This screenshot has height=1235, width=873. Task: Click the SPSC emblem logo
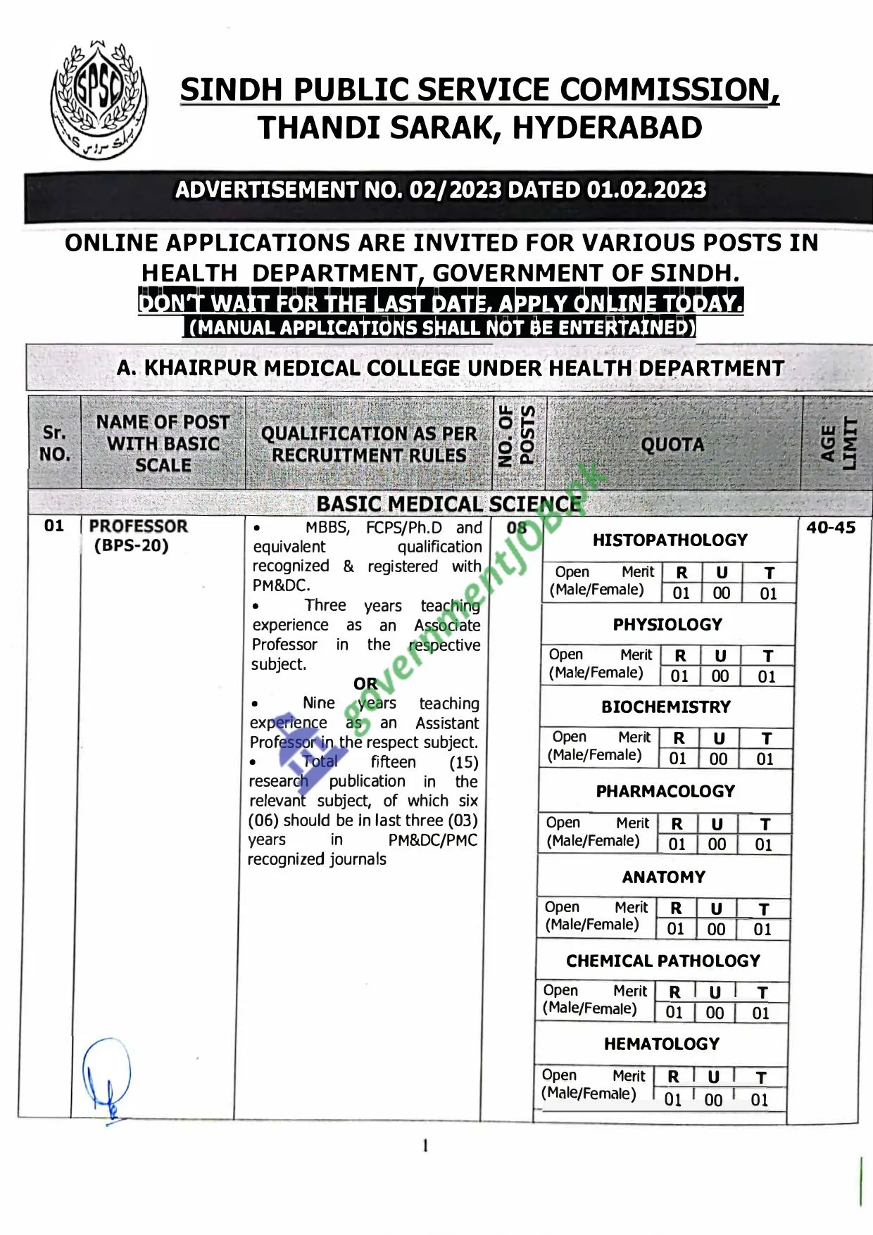pyautogui.click(x=99, y=101)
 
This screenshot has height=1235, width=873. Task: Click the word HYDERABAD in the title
pyautogui.click(x=607, y=128)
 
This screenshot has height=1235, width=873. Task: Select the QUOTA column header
pyautogui.click(x=672, y=445)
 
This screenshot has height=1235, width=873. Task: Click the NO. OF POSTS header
pyautogui.click(x=516, y=436)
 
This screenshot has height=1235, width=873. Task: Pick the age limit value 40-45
pyautogui.click(x=831, y=528)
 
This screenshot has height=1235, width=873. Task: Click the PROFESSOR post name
pyautogui.click(x=138, y=526)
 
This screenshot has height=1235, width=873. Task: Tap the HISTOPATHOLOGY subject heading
pyautogui.click(x=670, y=540)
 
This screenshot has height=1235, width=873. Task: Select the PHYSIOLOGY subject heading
pyautogui.click(x=667, y=625)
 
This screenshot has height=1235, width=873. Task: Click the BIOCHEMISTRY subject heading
pyautogui.click(x=666, y=707)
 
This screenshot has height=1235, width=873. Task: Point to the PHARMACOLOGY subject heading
pyautogui.click(x=665, y=792)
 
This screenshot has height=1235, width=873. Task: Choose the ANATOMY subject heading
pyautogui.click(x=664, y=878)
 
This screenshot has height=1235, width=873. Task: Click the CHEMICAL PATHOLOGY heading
pyautogui.click(x=663, y=961)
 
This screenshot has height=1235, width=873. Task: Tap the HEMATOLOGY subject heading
pyautogui.click(x=662, y=1044)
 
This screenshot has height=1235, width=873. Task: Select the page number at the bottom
pyautogui.click(x=425, y=1146)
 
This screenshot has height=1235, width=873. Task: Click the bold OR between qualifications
pyautogui.click(x=365, y=684)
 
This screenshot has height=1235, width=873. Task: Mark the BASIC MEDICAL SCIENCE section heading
pyautogui.click(x=449, y=505)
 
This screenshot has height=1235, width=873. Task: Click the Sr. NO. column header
pyautogui.click(x=55, y=443)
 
